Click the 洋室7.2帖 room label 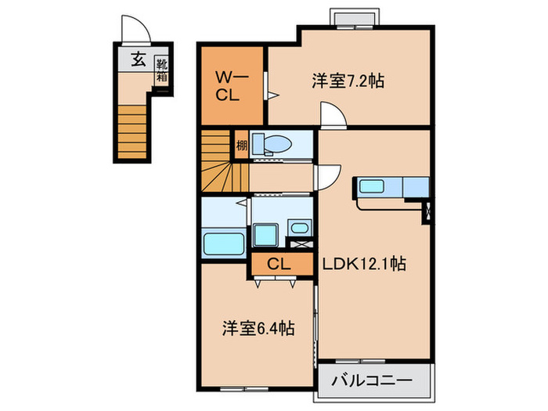348,81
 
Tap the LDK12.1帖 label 363,265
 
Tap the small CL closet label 279,265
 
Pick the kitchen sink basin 371,187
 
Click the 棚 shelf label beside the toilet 242,144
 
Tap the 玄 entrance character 138,59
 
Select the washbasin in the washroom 297,228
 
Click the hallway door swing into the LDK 329,173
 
